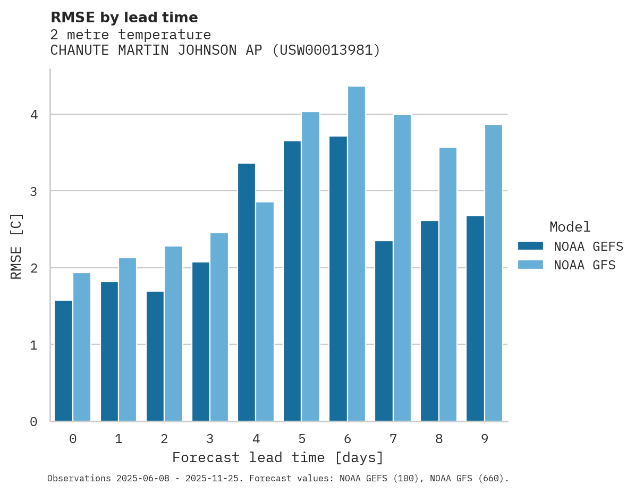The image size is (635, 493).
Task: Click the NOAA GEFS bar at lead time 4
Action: [247, 292]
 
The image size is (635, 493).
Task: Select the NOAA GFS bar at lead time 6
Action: [356, 254]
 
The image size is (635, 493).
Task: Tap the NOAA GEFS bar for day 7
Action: [384, 331]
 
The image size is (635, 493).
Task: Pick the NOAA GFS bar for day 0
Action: [82, 347]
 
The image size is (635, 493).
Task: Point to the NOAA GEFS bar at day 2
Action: [155, 356]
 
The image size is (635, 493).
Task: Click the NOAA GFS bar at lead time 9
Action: [493, 273]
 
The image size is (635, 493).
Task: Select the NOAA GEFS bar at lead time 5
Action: [292, 281]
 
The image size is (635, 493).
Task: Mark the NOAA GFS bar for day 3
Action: [219, 327]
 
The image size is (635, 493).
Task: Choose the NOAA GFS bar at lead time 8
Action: [447, 284]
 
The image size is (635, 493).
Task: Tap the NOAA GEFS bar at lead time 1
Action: [109, 351]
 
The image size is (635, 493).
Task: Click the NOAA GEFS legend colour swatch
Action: [530, 246]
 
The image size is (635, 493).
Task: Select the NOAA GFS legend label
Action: [585, 265]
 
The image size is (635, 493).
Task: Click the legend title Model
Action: [570, 227]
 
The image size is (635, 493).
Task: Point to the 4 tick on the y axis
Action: [33, 115]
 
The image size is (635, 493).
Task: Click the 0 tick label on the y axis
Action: [33, 422]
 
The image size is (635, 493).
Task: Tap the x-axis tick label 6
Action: [348, 439]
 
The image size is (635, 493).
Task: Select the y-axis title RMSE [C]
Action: [16, 246]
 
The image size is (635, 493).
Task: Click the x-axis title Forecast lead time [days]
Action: [278, 457]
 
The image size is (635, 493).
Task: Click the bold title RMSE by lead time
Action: [124, 18]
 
